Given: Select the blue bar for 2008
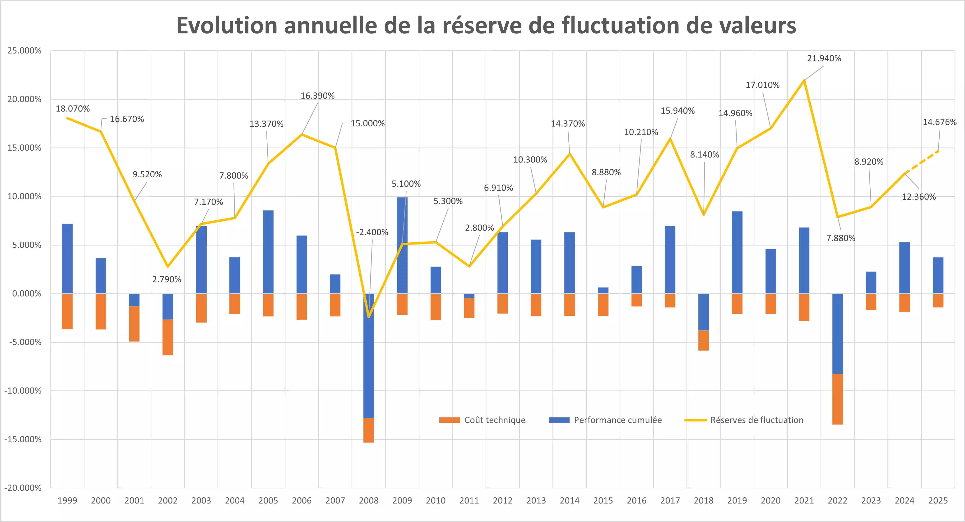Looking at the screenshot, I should click(x=369, y=356).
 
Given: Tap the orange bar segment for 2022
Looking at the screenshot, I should click(x=838, y=399).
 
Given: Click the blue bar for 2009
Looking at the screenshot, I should click(x=402, y=245).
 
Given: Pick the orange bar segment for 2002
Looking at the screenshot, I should click(x=167, y=337).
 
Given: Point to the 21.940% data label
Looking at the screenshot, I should click(x=824, y=58).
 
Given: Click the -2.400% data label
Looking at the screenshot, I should click(x=372, y=232).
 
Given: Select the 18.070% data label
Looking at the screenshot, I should click(x=73, y=109).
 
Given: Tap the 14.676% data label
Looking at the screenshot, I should click(x=939, y=122).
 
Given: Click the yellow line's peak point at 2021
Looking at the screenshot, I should click(x=804, y=80).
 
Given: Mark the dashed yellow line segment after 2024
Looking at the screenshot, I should click(x=922, y=162).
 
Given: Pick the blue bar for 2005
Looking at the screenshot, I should click(x=268, y=252).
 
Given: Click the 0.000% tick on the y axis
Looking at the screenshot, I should click(x=27, y=294).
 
